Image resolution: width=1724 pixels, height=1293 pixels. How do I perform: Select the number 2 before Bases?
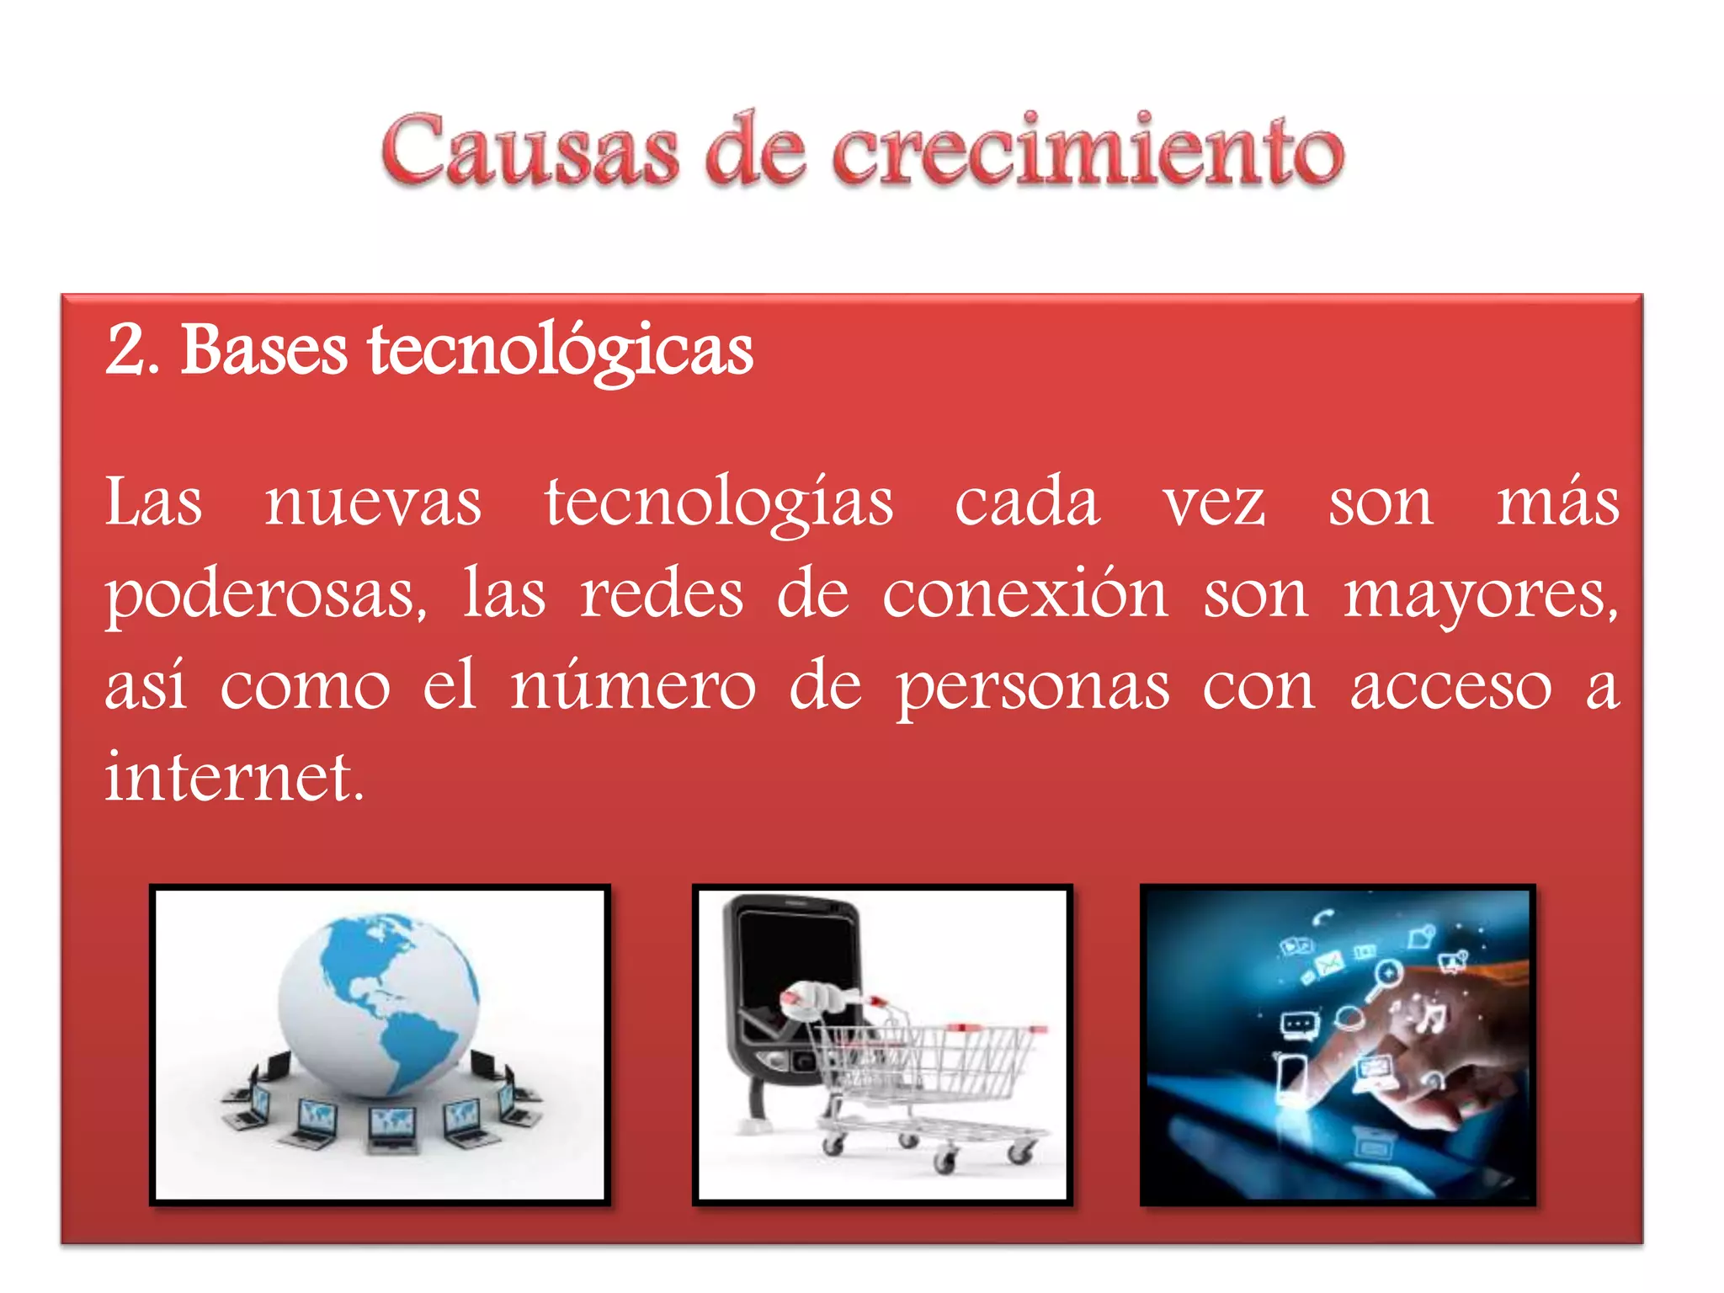coord(128,349)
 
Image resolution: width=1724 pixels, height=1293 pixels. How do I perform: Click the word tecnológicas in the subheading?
coord(560,352)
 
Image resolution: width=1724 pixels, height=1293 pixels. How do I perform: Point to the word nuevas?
coord(373,503)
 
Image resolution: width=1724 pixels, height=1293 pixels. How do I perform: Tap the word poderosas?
coord(266,596)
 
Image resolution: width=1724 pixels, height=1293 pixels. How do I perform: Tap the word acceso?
coord(1450,687)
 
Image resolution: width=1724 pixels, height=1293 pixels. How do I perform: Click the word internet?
coord(234,776)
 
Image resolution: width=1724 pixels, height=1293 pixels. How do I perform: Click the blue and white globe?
coord(379,1002)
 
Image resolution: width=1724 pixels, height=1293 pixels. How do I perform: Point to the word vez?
coord(1214,503)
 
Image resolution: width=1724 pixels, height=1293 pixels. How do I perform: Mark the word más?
coord(1557,503)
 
